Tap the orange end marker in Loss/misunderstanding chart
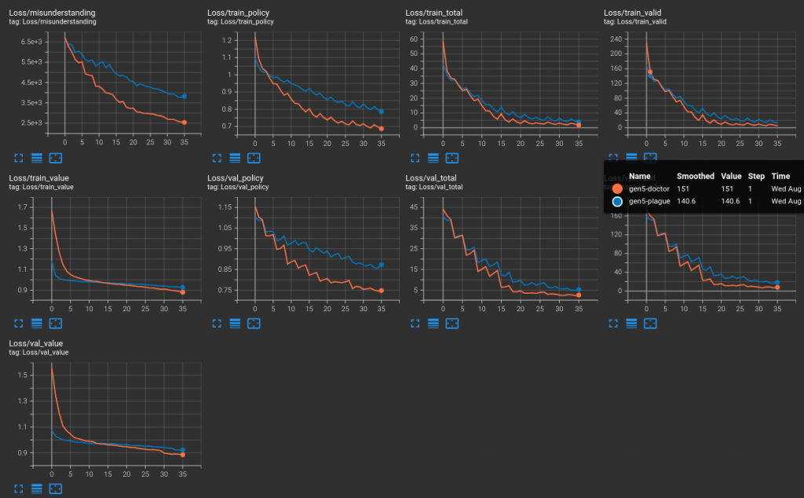(x=184, y=123)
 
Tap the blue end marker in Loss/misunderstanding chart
(x=184, y=97)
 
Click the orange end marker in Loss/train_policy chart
(x=381, y=128)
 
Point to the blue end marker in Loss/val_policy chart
(x=381, y=265)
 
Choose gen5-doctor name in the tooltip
(x=648, y=189)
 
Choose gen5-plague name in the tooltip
(x=648, y=202)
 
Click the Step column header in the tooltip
(x=754, y=177)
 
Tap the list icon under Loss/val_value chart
(x=37, y=489)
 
